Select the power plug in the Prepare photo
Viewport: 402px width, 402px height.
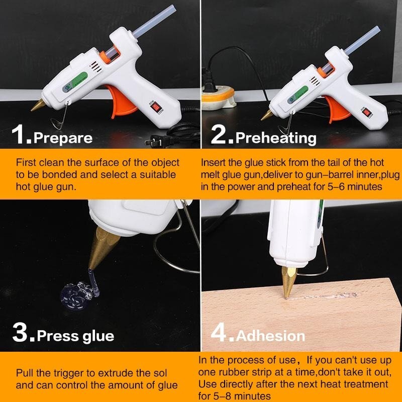[x=153, y=142]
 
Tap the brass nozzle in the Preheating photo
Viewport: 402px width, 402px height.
[x=267, y=114]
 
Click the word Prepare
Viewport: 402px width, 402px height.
[x=64, y=137]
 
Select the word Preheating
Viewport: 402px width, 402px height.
[x=276, y=137]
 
